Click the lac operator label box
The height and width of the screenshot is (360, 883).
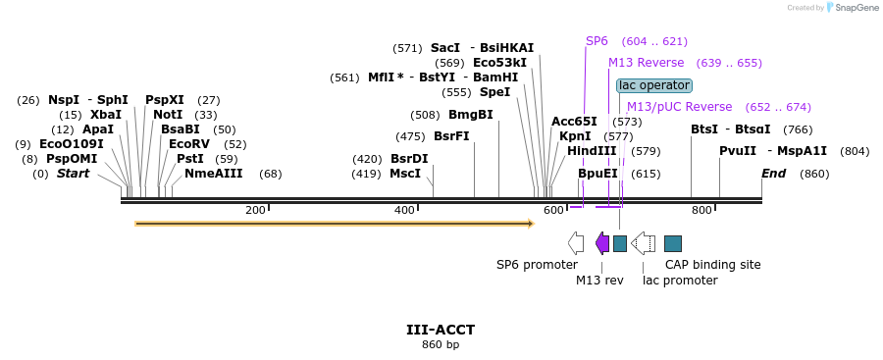(x=654, y=85)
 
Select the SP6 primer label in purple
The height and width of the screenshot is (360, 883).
(x=597, y=41)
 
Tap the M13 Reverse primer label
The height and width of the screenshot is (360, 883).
(x=647, y=63)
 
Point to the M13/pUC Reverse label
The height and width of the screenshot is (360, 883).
(x=679, y=107)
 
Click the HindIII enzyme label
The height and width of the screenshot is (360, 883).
(x=592, y=151)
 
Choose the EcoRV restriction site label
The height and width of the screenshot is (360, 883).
(x=189, y=144)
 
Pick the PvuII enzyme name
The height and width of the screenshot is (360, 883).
(x=737, y=151)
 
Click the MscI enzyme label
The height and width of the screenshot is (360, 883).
(x=405, y=174)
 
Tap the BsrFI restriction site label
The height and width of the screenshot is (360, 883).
(x=451, y=136)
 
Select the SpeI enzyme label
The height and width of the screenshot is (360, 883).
(x=494, y=92)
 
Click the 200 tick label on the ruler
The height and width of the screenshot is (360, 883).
(x=255, y=210)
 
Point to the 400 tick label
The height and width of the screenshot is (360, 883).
(x=404, y=210)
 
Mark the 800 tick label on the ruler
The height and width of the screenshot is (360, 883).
(x=701, y=210)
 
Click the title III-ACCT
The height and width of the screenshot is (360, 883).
(x=441, y=330)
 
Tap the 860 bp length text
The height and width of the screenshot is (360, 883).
(x=441, y=344)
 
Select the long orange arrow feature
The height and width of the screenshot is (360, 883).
(x=334, y=224)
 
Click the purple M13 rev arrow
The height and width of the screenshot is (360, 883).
(x=602, y=242)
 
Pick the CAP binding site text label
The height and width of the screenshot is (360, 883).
(x=712, y=264)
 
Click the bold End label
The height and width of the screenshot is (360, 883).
(x=773, y=174)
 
